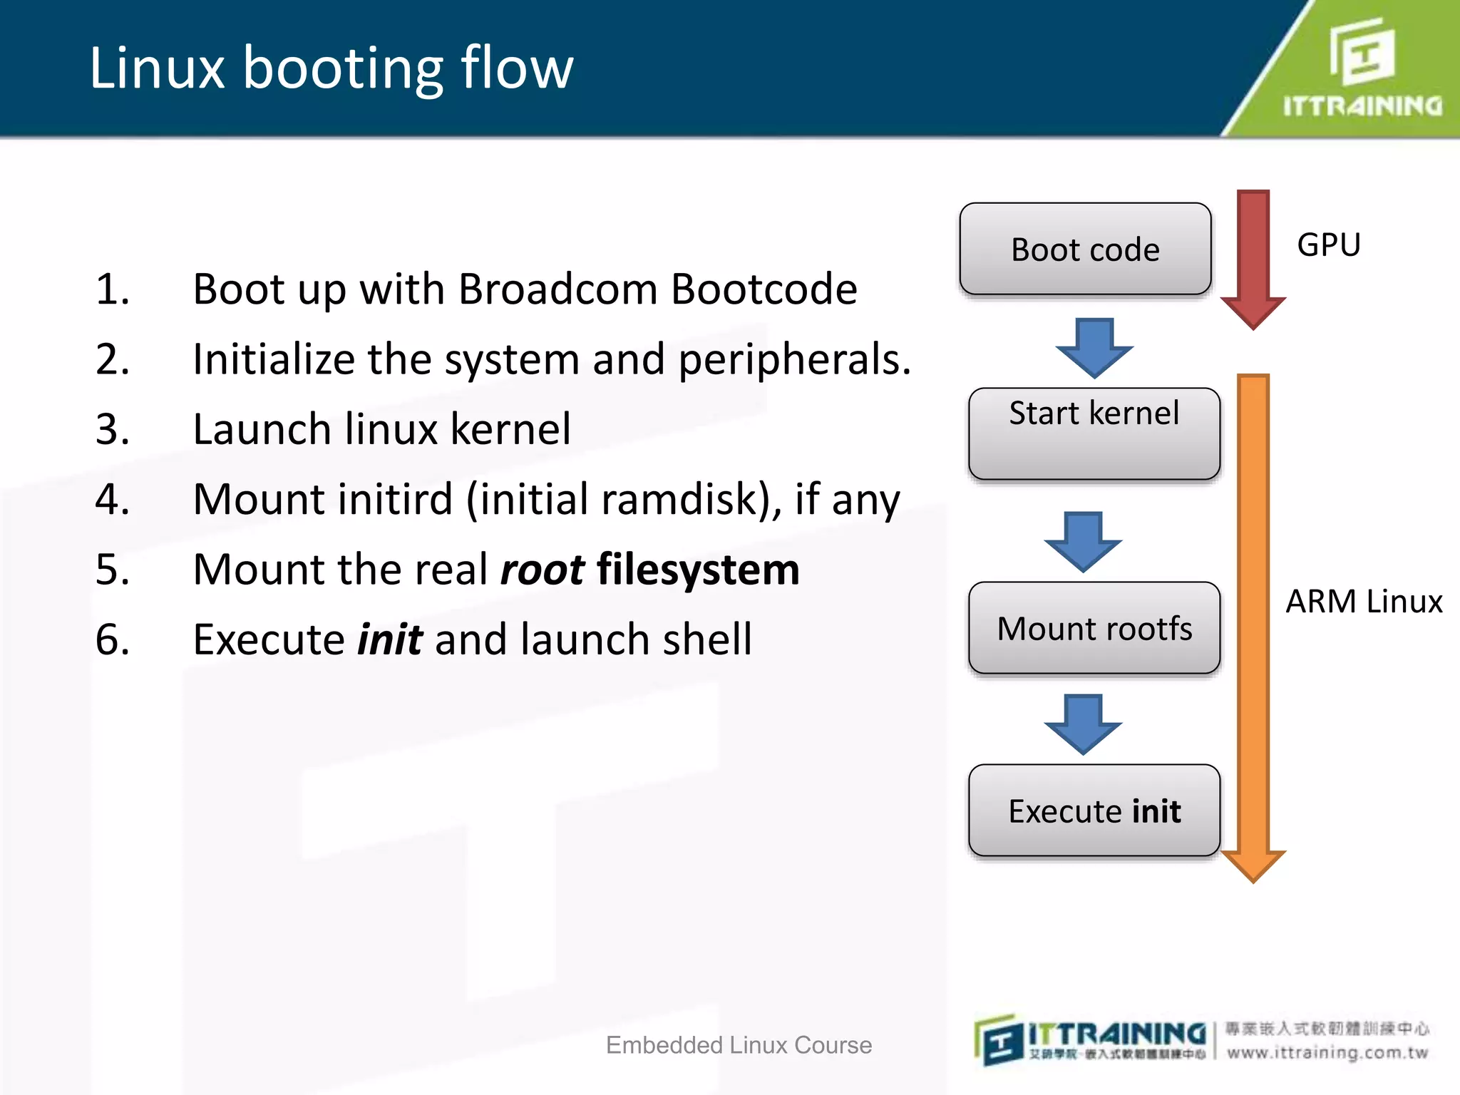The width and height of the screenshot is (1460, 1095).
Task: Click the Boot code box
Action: click(1085, 249)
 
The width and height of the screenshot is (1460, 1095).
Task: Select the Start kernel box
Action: click(1094, 433)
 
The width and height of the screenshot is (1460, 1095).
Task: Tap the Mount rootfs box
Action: click(1094, 628)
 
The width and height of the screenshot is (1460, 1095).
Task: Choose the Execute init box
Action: click(1094, 811)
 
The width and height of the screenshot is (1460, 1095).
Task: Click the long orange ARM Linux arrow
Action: click(1253, 620)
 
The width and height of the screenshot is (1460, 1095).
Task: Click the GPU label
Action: click(1329, 245)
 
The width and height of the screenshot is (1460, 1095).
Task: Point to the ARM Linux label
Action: click(1364, 602)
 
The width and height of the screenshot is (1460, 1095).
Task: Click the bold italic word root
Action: click(542, 570)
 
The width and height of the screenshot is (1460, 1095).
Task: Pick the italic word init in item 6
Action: click(390, 639)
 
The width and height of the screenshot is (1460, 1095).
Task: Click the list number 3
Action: click(113, 429)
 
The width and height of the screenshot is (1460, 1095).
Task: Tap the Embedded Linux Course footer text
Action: click(739, 1045)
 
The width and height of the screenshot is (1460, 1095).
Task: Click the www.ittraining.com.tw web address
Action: click(1327, 1053)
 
